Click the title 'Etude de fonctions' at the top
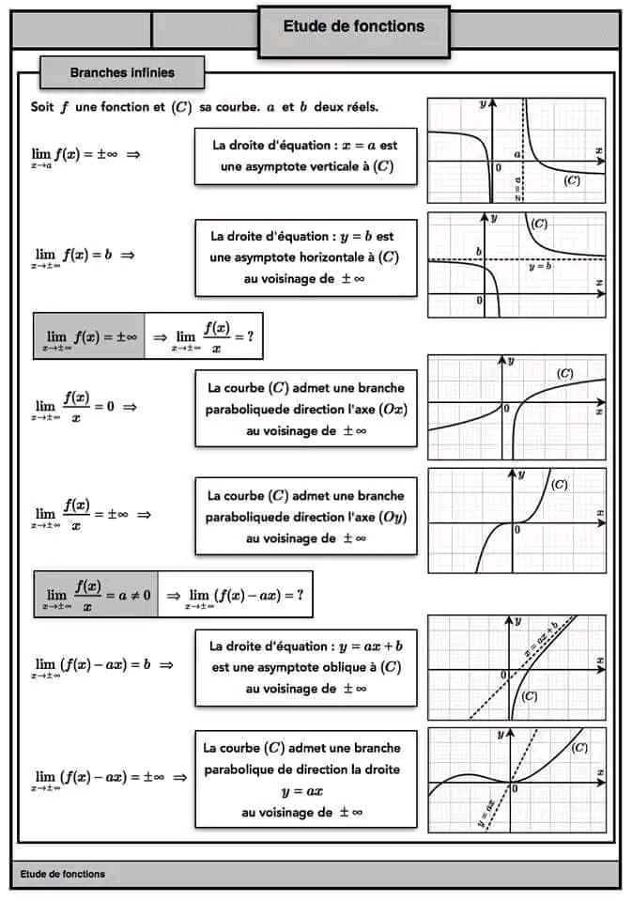click(353, 27)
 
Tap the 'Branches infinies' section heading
click(122, 72)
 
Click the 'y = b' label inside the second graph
click(540, 268)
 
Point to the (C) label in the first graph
click(572, 180)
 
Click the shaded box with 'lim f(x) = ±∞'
click(89, 336)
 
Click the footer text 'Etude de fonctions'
click(62, 874)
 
